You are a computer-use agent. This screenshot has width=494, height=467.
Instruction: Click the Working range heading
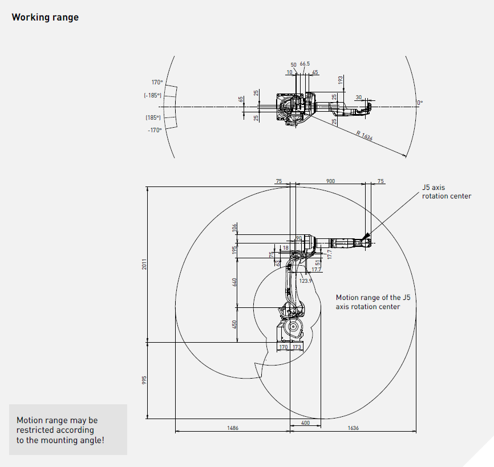click(45, 17)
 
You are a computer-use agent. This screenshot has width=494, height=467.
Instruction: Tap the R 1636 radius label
click(365, 136)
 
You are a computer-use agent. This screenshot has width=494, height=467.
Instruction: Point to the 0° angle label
click(420, 103)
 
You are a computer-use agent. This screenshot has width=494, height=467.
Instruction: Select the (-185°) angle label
click(153, 95)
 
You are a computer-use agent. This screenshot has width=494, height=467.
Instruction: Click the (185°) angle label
click(153, 117)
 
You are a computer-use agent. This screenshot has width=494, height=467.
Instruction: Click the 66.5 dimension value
click(305, 64)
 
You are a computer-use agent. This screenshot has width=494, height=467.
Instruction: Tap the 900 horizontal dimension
click(331, 181)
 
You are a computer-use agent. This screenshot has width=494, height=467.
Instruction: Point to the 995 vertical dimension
click(145, 380)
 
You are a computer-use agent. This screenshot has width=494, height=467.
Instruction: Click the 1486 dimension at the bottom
click(232, 428)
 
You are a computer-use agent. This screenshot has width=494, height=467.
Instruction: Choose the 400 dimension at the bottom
click(305, 424)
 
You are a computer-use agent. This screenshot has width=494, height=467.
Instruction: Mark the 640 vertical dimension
click(234, 282)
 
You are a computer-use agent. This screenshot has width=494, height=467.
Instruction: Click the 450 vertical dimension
click(234, 324)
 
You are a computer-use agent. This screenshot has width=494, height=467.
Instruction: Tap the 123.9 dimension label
click(306, 281)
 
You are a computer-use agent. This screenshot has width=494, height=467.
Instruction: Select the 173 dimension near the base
click(297, 347)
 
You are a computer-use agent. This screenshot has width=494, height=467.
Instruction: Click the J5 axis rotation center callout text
click(446, 192)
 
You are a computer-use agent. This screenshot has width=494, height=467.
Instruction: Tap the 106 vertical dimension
click(234, 228)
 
